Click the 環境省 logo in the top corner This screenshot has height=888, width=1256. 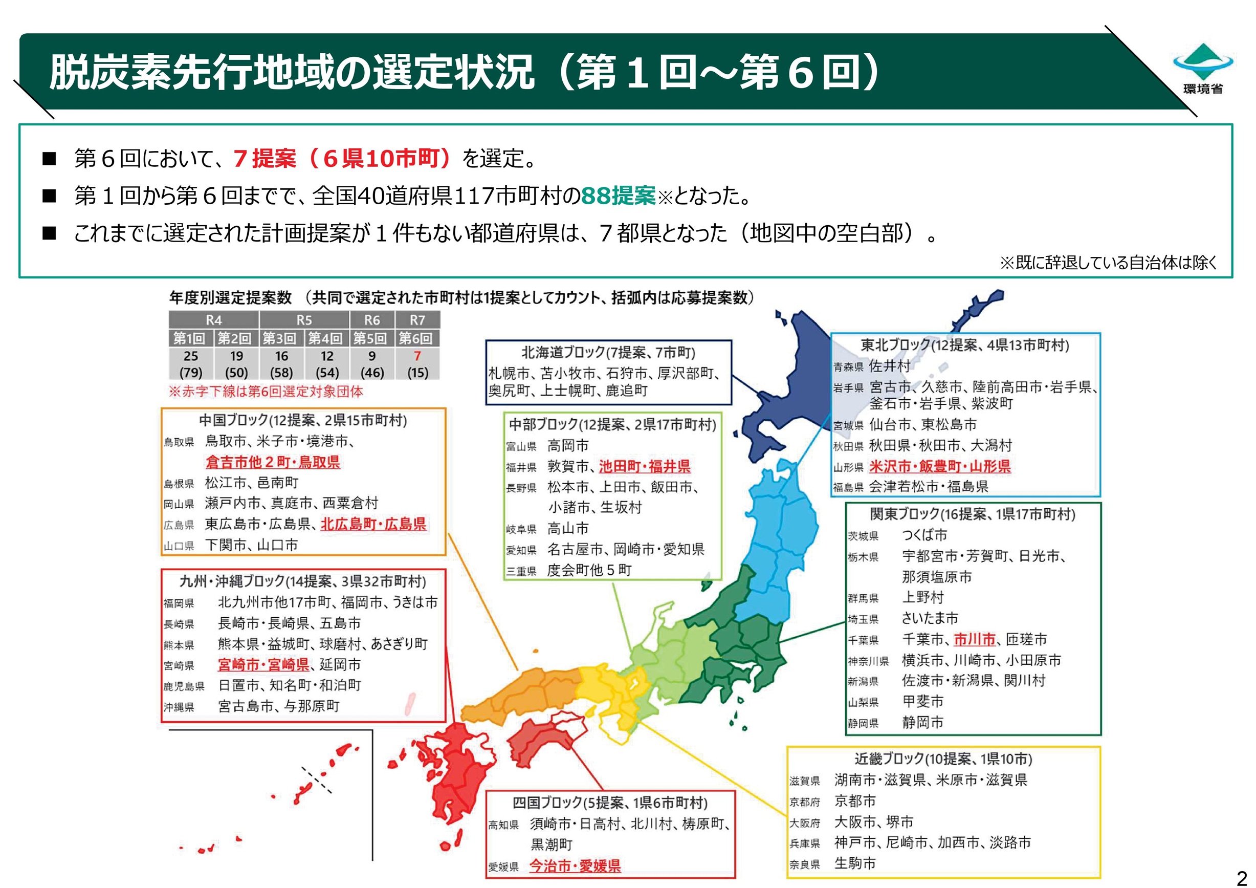[1202, 69]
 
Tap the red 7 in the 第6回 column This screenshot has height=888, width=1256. [417, 356]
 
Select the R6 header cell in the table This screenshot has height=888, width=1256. [372, 320]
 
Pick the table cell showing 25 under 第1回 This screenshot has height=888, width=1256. [191, 356]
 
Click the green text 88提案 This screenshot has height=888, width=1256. [618, 196]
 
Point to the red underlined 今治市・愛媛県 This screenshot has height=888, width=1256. [575, 865]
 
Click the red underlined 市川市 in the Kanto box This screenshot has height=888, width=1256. [974, 639]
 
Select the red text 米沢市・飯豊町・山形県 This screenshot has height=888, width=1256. [939, 467]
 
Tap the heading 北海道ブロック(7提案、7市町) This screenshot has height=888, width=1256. [608, 352]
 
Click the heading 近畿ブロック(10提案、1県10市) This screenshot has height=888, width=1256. [943, 759]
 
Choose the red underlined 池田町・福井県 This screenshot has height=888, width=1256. [645, 467]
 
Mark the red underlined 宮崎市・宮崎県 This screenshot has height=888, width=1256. [263, 665]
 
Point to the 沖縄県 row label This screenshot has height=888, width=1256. [179, 707]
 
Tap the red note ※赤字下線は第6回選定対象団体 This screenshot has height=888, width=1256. [266, 391]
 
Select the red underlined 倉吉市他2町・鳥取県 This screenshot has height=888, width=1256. [272, 462]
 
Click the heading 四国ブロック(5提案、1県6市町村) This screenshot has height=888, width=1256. [610, 803]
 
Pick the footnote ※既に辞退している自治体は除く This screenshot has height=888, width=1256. [1108, 263]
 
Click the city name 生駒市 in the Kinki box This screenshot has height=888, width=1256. [854, 863]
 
